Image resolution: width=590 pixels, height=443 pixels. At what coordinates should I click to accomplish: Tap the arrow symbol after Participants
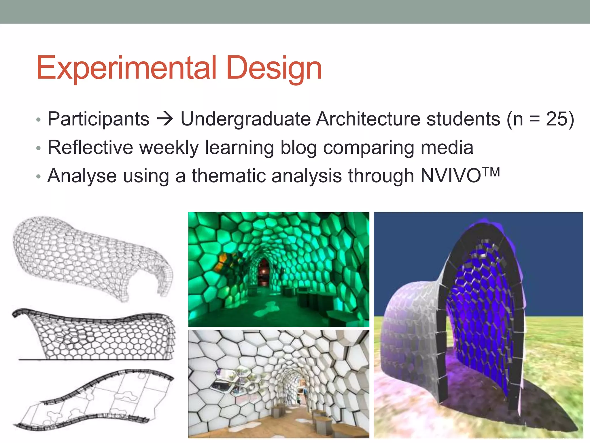coord(165,119)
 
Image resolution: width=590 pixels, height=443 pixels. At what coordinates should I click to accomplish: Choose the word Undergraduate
coord(245,119)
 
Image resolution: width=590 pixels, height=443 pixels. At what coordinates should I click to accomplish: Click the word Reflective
coord(90,148)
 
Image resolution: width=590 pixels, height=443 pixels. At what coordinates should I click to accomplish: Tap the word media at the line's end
coord(447,148)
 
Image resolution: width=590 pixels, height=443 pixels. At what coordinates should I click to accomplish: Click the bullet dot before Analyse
coord(39,177)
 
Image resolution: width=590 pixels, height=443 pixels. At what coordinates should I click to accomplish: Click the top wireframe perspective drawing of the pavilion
coord(92,257)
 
